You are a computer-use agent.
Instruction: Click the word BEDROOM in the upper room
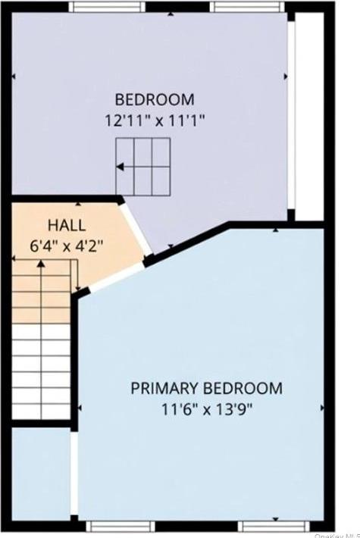pos(155,99)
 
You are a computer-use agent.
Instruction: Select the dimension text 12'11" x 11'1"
pos(155,120)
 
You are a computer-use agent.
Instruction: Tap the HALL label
pos(67,225)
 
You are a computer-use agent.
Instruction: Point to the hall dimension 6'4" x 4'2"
pos(67,245)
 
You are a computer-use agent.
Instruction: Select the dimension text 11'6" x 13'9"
pos(206,410)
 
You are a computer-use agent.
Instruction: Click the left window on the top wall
pos(107,6)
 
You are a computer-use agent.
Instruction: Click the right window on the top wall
pos(248,6)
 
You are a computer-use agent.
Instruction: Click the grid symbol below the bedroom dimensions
pos(142,167)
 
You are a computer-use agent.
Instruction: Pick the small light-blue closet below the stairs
pos(42,474)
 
